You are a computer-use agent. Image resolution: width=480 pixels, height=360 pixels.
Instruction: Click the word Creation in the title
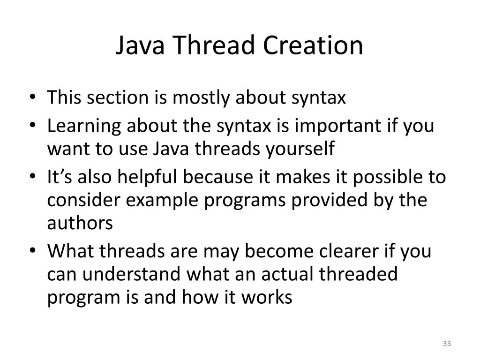313,46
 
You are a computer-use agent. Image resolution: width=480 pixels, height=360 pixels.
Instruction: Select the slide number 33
446,344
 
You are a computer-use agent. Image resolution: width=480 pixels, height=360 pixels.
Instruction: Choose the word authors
80,223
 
